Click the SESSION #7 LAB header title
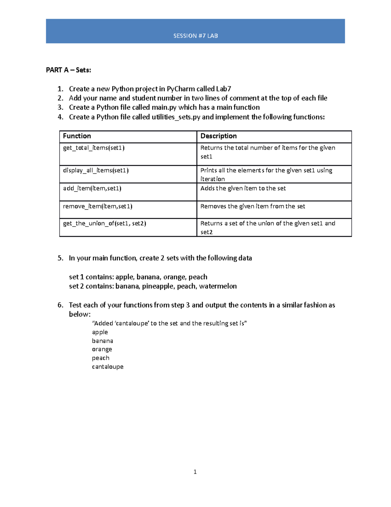195,36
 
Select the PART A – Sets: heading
68,70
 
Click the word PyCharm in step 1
181,89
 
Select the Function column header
77,136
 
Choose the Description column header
218,136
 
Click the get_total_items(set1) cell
94,148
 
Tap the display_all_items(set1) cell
96,170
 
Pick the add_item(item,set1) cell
92,188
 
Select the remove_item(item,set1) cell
97,206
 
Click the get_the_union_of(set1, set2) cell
104,224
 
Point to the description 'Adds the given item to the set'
243,188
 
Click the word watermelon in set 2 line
218,286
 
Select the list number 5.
60,258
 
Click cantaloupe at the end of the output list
108,367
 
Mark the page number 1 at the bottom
195,472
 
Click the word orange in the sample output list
102,349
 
